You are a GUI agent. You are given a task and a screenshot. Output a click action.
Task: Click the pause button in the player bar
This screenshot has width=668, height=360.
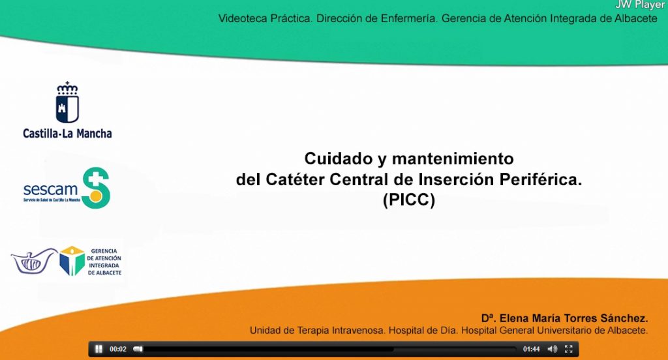click(99, 349)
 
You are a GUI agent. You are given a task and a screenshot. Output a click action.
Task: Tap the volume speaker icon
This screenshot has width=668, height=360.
click(552, 349)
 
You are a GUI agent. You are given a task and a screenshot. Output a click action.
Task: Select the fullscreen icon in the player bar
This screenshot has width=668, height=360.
click(569, 349)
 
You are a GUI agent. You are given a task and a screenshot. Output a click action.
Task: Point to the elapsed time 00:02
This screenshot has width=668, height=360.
click(118, 349)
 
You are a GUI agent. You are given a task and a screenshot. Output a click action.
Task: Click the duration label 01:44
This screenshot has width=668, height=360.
click(532, 349)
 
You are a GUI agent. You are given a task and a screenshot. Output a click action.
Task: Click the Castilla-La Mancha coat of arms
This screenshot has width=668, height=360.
click(67, 103)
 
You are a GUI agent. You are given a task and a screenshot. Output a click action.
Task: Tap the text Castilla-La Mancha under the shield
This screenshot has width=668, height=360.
click(67, 134)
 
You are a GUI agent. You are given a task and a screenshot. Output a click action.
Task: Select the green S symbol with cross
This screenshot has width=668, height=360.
click(96, 188)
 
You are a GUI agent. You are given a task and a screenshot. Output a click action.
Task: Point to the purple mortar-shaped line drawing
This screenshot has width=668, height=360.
click(34, 261)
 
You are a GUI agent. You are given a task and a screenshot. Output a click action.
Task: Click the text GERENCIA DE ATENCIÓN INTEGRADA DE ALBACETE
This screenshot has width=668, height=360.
click(104, 261)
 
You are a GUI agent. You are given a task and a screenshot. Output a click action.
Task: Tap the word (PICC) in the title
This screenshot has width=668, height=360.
click(408, 201)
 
